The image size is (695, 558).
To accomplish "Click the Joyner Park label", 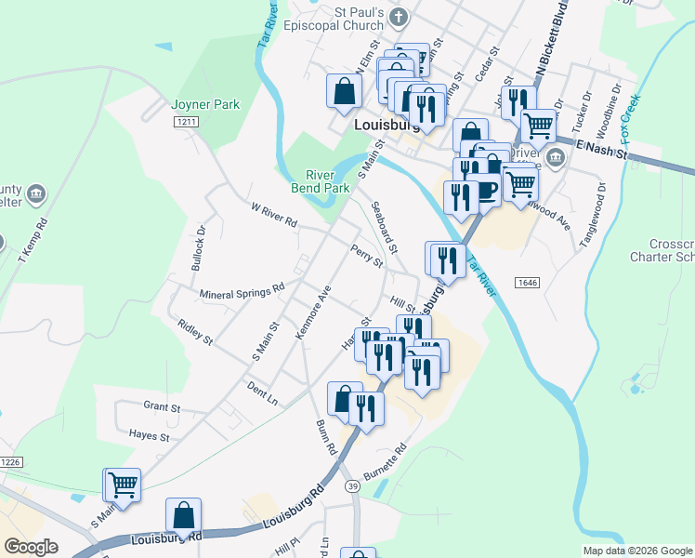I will click(x=205, y=104).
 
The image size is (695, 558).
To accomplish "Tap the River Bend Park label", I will click(x=328, y=180).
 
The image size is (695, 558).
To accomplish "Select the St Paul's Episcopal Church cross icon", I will click(x=399, y=17).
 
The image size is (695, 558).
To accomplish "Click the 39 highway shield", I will click(x=352, y=485).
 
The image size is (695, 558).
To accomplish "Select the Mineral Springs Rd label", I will click(x=242, y=293).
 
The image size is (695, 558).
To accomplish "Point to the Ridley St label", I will click(x=195, y=329).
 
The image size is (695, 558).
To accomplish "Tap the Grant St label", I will click(x=162, y=405).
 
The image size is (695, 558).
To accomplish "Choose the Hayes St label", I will click(x=150, y=435).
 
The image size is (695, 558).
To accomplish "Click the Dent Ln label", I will click(x=263, y=391).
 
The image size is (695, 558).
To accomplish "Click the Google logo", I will click(x=31, y=547).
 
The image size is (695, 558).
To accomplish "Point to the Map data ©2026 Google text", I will click(x=637, y=550).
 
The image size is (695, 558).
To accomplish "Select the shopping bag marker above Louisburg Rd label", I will click(x=184, y=515).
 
